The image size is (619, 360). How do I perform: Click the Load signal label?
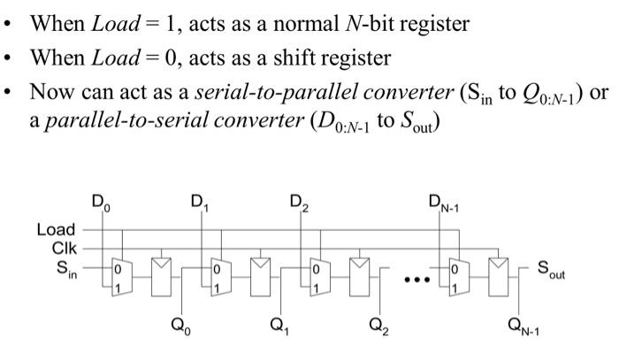pyautogui.click(x=56, y=231)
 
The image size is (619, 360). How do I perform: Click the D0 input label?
pyautogui.click(x=102, y=207)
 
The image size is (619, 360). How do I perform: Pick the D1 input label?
pyautogui.click(x=199, y=207)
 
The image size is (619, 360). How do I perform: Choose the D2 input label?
pyautogui.click(x=298, y=207)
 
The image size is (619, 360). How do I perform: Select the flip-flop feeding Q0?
pyautogui.click(x=163, y=275)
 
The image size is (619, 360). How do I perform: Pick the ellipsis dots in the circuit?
pyautogui.click(x=416, y=280)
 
